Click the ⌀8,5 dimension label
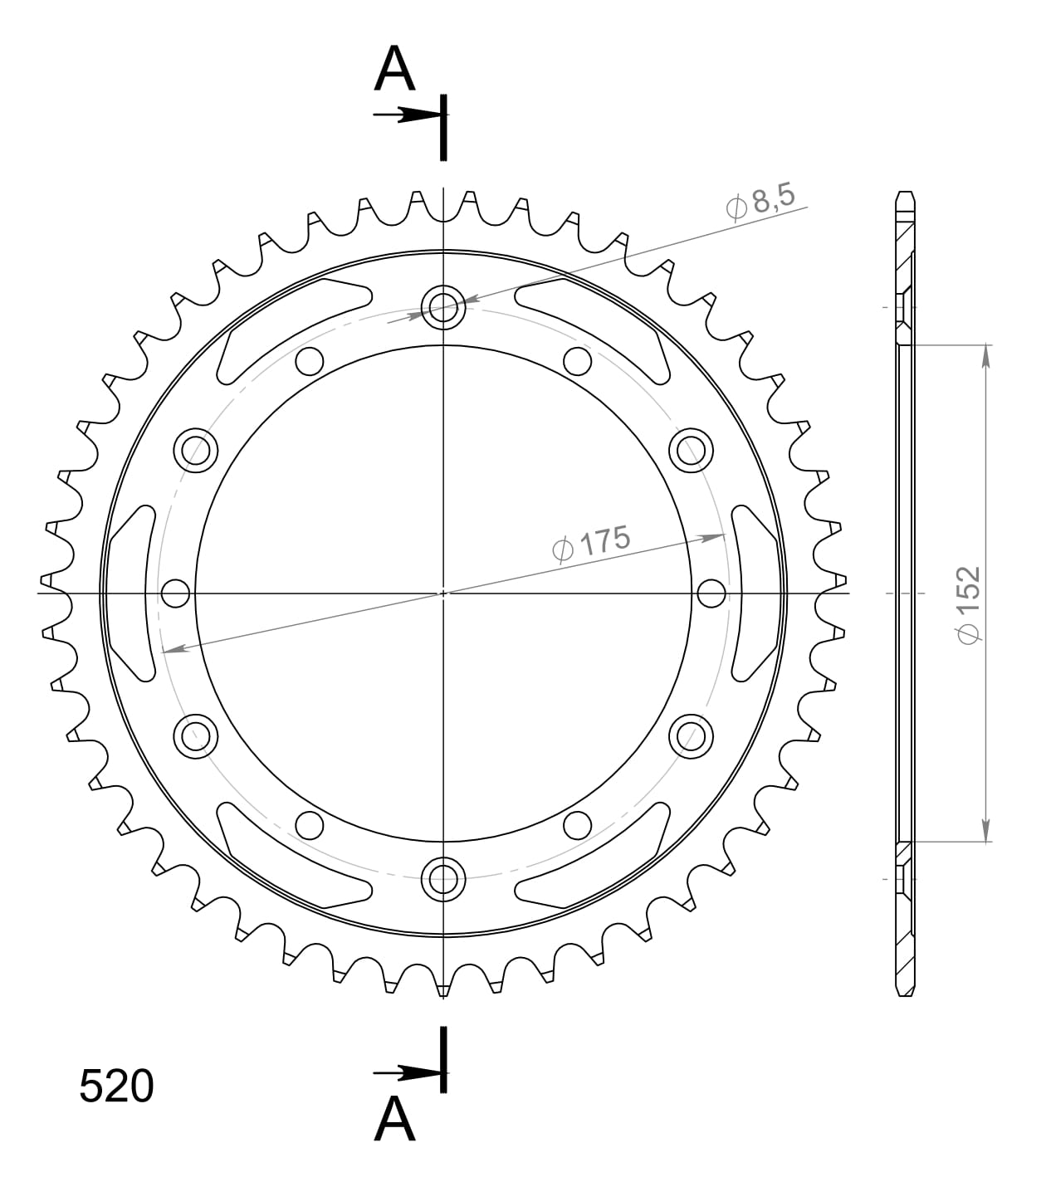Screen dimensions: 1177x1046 tap(760, 202)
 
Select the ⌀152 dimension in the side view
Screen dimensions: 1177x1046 tap(968, 603)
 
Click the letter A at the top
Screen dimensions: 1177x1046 tap(394, 70)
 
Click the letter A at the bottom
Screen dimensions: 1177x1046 tap(394, 1120)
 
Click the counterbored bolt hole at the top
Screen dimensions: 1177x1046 tap(443, 307)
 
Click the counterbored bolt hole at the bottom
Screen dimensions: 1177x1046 tap(443, 878)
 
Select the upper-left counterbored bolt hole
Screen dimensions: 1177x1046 tap(196, 450)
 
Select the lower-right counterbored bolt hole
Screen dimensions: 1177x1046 tap(691, 735)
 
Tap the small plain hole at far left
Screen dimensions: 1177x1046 tap(175, 593)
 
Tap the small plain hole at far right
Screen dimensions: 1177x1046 tap(711, 593)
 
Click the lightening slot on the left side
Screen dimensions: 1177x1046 tap(133, 593)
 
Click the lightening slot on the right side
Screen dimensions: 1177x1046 tap(754, 593)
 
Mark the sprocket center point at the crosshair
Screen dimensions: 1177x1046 tap(443, 593)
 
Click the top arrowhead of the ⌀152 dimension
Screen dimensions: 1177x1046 tap(985, 355)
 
